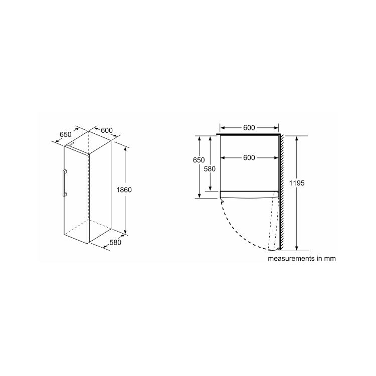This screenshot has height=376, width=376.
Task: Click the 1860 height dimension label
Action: point(124,190)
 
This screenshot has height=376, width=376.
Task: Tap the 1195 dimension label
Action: point(297,183)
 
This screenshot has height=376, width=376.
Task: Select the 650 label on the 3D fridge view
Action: point(66,134)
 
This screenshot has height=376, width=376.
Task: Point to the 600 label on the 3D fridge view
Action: point(107,130)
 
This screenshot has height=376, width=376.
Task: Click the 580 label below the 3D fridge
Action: point(115,243)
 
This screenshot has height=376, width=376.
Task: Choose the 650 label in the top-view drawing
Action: point(199,160)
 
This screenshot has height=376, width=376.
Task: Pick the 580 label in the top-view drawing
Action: point(210,169)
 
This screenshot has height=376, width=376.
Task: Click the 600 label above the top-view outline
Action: point(249,128)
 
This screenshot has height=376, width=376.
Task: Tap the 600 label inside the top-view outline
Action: point(249,157)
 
